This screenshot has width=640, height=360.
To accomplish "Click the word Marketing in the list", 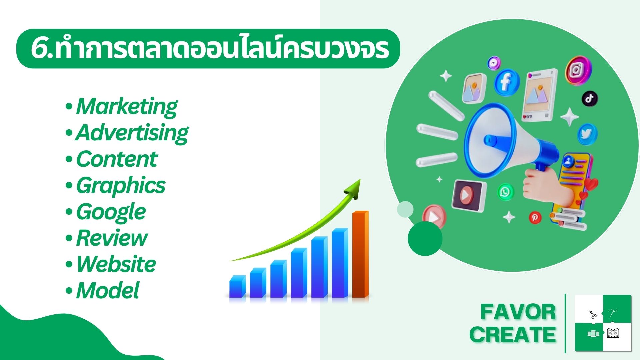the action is coord(127,107).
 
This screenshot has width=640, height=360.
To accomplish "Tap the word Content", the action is coord(117,159).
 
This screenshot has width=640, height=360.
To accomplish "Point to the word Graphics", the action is coord(121,186).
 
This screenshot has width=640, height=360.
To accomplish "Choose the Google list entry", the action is coord(111,212).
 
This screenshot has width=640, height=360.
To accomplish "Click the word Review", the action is coord(112,238).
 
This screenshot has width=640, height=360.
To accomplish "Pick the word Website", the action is coord(116,264).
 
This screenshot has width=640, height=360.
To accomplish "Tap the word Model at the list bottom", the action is coord(108,290).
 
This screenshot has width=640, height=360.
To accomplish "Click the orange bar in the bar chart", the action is coord(360,254).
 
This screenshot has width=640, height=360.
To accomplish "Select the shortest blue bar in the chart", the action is coord(237,286).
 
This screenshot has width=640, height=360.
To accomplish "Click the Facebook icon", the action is coord(506,82).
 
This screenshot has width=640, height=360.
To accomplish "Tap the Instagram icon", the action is coord(578,70).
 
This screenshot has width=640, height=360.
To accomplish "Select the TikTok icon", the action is coord(590,98).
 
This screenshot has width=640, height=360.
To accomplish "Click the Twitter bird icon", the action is coord(587,134).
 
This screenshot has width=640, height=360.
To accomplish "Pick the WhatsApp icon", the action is coord(506,192).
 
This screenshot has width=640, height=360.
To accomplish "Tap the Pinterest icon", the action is coord(535,218).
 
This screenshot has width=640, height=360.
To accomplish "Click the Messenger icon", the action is coord(494,63).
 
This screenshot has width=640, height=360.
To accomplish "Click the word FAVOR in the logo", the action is coord(518,312).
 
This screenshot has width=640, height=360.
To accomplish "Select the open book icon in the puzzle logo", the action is coord(613,333).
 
